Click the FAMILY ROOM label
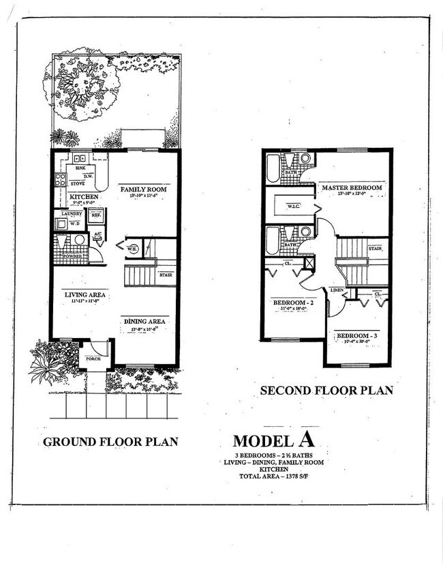(x=143, y=189)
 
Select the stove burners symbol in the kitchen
(x=60, y=181)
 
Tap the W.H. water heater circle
(x=132, y=248)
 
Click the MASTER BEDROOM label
(x=352, y=187)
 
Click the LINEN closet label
(x=337, y=290)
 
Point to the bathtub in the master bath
(x=273, y=168)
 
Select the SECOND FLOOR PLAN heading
(x=326, y=391)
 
